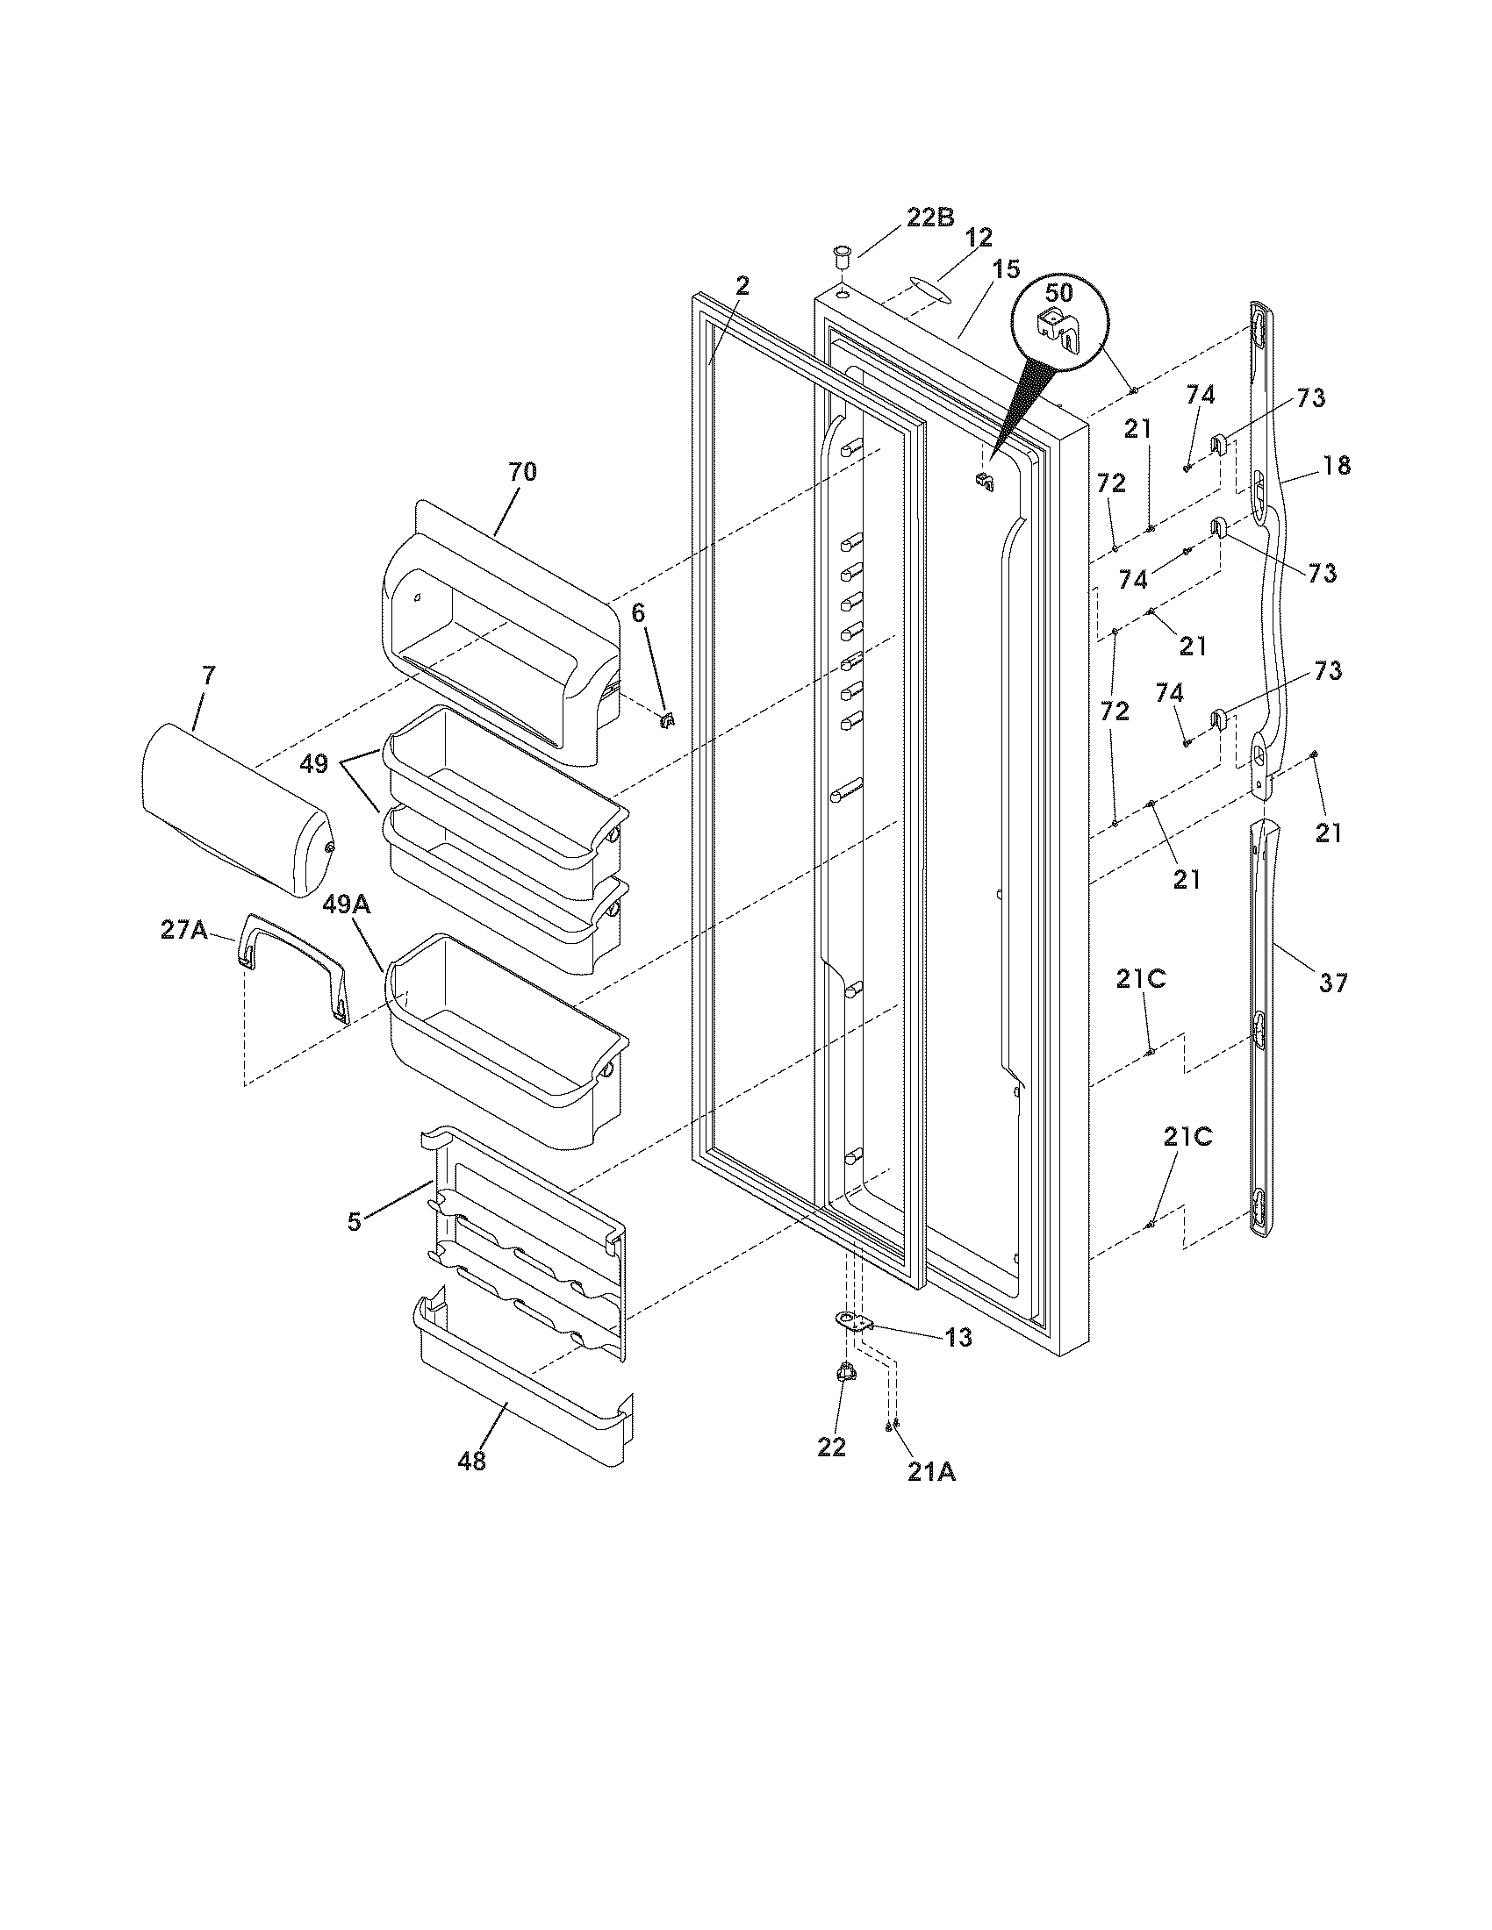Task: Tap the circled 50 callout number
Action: [1059, 291]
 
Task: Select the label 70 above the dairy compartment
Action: [521, 472]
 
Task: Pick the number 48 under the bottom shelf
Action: [471, 1462]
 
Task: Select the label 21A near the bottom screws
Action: [930, 1473]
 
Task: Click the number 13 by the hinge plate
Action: [958, 1338]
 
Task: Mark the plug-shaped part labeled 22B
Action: [840, 261]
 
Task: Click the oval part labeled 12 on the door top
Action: [919, 290]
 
